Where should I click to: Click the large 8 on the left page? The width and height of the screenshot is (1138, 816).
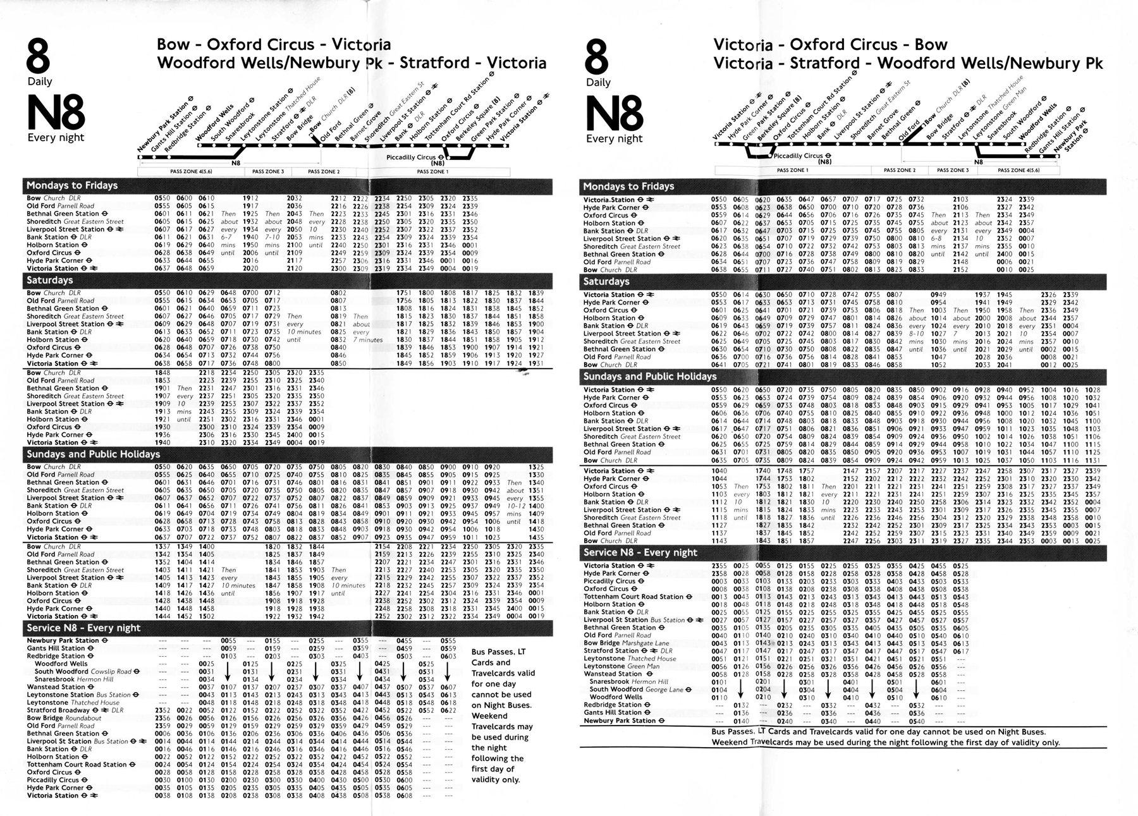pyautogui.click(x=39, y=57)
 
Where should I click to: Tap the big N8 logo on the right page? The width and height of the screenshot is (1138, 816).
pyautogui.click(x=615, y=114)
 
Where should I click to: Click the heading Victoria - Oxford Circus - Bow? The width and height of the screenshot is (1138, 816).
pyautogui.click(x=830, y=44)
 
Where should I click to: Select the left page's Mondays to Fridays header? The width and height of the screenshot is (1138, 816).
pyautogui.click(x=72, y=185)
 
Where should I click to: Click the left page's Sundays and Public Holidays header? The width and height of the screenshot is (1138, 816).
pyautogui.click(x=93, y=454)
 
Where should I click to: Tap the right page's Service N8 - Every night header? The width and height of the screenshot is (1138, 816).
pyautogui.click(x=640, y=552)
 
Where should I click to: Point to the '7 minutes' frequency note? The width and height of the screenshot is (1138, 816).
pyautogui.click(x=368, y=339)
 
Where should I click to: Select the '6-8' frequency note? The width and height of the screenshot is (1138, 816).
pyautogui.click(x=917, y=239)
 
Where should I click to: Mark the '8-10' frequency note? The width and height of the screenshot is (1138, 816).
pyautogui.click(x=916, y=334)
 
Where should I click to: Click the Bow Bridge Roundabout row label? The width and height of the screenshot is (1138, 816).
pyautogui.click(x=64, y=718)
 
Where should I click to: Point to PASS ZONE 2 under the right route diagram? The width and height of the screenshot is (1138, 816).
pyautogui.click(x=898, y=170)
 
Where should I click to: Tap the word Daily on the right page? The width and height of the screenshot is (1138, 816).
pyautogui.click(x=598, y=82)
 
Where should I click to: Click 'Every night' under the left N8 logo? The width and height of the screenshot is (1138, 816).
pyautogui.click(x=56, y=138)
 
